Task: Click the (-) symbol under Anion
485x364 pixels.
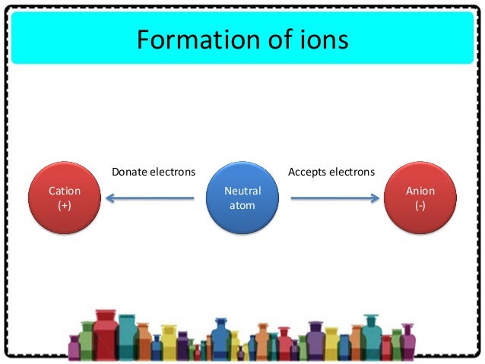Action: [x=420, y=206]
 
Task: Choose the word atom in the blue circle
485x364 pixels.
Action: [x=242, y=205]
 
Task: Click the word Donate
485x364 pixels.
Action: [x=131, y=173]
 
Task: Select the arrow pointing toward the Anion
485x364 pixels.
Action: [x=334, y=199]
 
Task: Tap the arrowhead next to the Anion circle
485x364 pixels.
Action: [x=374, y=199]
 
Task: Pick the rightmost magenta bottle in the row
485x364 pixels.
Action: [x=408, y=343]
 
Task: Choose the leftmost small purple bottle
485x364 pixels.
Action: [x=74, y=347]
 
